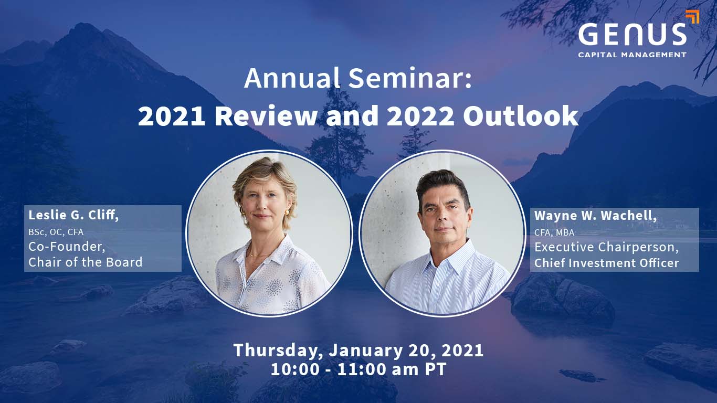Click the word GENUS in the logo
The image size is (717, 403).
[x=632, y=34]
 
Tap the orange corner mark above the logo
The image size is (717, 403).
[x=692, y=16]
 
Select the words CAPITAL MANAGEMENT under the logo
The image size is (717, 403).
[x=632, y=55]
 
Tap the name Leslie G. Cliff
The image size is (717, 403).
[x=73, y=215]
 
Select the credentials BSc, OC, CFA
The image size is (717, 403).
[x=56, y=232]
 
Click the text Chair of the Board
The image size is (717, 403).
[x=86, y=262]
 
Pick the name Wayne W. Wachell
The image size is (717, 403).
[x=595, y=216]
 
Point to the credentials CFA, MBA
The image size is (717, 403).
[x=554, y=232]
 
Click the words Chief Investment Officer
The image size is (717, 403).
[x=607, y=263]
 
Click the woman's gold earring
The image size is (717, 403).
[x=287, y=212]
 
